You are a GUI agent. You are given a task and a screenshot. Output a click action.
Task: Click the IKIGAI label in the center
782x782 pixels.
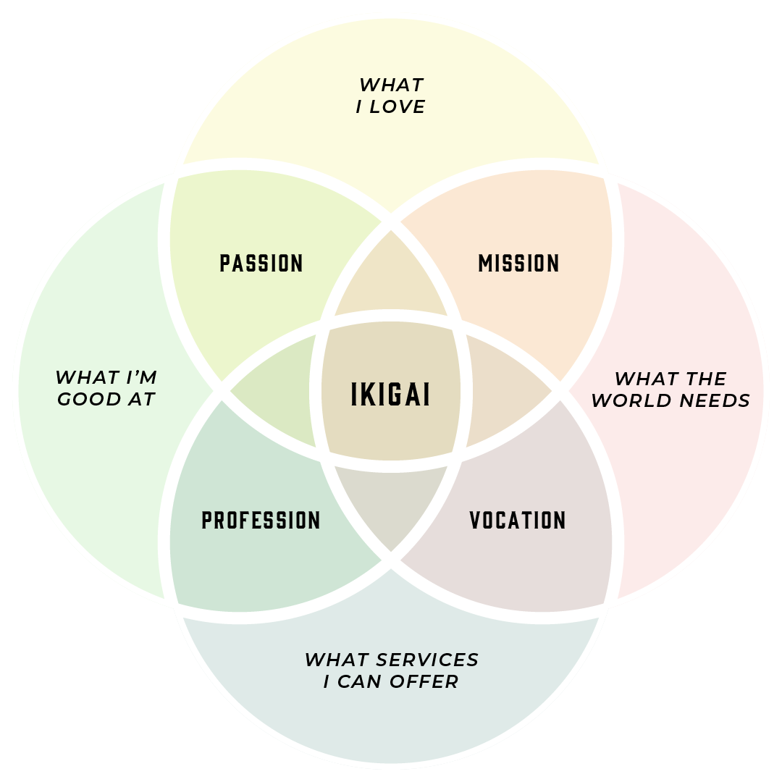tap(390, 395)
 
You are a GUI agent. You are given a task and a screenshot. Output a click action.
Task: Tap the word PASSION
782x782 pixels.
tap(261, 263)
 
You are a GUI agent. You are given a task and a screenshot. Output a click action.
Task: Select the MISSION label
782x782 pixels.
tap(518, 263)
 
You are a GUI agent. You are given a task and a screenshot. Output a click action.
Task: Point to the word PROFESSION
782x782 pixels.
tap(261, 520)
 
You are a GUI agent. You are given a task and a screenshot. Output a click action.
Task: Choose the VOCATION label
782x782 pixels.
tap(518, 520)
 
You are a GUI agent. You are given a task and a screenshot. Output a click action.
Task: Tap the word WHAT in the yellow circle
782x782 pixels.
tap(391, 85)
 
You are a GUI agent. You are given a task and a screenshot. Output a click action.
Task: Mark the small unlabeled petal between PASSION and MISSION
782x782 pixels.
tap(391, 279)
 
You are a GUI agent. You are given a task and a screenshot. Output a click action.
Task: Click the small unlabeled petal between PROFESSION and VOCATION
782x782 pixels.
tap(391, 507)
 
